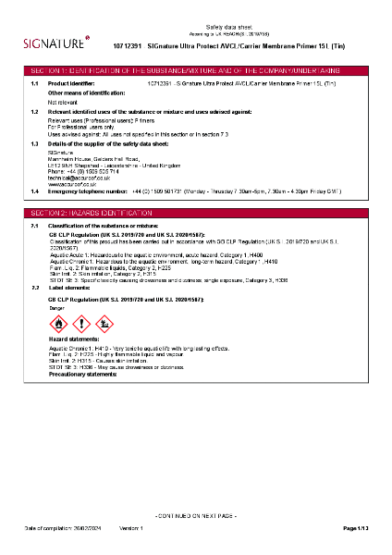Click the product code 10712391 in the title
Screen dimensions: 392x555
(127, 44)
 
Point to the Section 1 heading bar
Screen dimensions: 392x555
(196, 70)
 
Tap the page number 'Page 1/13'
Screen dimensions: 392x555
(356, 527)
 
